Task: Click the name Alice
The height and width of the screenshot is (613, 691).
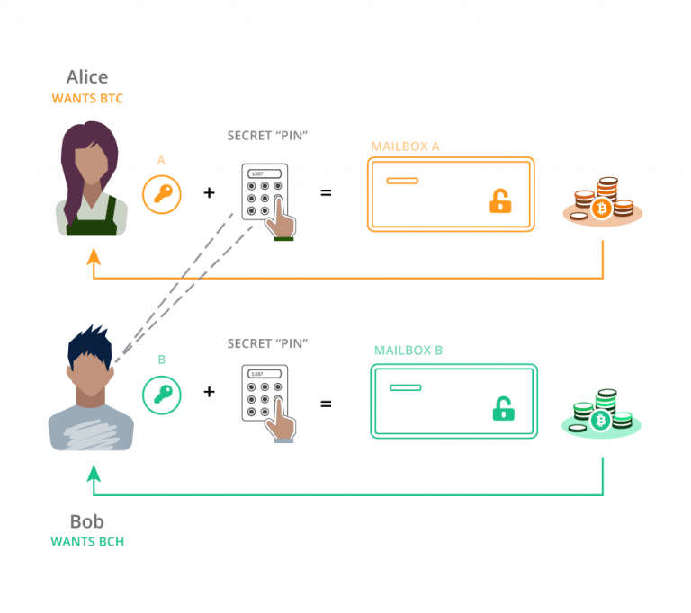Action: (87, 77)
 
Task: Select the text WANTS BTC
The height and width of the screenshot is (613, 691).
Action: (87, 98)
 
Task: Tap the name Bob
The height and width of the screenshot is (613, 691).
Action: (86, 521)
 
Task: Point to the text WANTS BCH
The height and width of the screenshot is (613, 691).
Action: (86, 541)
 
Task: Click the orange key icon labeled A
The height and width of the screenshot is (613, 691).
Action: (162, 194)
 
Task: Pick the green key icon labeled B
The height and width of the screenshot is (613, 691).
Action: (162, 395)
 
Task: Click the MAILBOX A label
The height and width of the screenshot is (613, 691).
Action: (405, 146)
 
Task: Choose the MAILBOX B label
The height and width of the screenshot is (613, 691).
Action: (408, 350)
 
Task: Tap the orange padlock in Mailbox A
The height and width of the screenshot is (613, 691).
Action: (499, 202)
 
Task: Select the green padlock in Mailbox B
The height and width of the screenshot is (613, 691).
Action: (503, 410)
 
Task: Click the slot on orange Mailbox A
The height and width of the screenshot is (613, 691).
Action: (402, 181)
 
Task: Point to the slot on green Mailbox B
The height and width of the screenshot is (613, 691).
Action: (405, 387)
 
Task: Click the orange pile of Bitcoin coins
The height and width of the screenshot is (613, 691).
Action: (603, 202)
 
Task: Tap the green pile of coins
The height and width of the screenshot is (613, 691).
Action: (602, 413)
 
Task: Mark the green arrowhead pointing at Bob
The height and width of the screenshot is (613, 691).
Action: (94, 472)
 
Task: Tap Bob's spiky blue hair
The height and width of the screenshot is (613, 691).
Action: (90, 344)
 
